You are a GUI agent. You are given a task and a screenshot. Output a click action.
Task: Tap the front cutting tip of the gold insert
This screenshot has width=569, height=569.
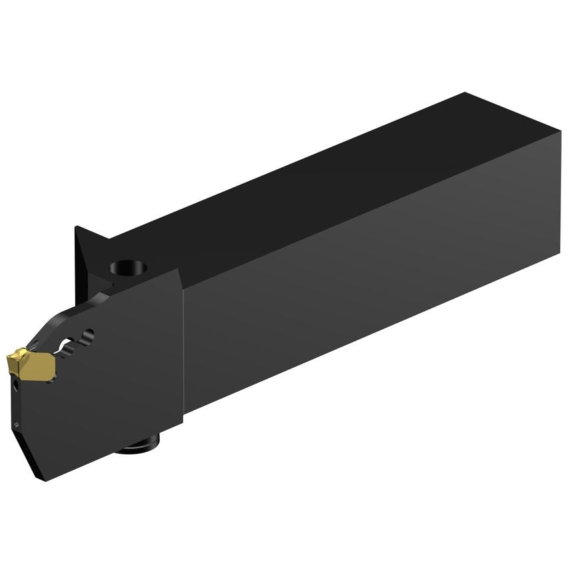[x=9, y=360]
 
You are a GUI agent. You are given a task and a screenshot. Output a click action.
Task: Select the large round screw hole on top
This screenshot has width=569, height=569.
[x=129, y=268]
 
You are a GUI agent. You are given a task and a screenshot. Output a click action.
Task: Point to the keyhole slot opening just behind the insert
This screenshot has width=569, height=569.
[x=66, y=345]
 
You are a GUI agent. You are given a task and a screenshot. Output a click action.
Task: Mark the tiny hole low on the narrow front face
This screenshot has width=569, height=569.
[x=16, y=424]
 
